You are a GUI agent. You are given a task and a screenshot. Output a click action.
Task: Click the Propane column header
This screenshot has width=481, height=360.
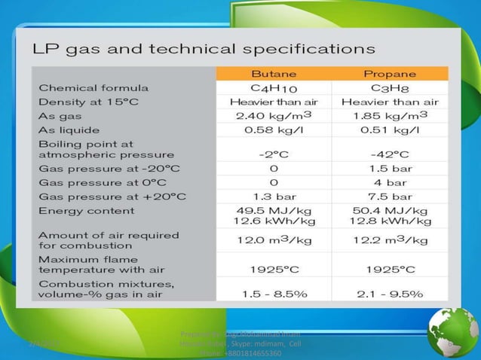coord(390,74)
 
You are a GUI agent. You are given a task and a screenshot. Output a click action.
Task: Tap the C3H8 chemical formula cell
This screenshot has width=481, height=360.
coord(390,87)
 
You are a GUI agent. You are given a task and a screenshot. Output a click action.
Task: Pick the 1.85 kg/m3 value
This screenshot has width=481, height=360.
coord(390,116)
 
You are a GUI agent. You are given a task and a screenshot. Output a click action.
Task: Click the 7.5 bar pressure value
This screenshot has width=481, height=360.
coord(390,195)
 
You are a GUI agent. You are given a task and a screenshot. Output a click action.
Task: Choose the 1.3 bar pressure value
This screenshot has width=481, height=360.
coord(273,195)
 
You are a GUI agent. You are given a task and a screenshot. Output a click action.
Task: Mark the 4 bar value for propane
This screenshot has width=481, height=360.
coord(390,181)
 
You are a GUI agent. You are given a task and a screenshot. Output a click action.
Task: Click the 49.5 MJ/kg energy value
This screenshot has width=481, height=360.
coord(273,209)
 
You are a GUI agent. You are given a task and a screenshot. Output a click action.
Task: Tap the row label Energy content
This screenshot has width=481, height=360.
coord(82,209)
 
